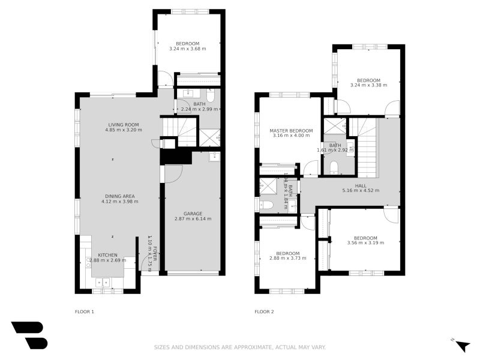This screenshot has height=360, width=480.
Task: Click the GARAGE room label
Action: (193, 214)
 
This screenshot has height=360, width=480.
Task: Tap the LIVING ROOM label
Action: (119, 124)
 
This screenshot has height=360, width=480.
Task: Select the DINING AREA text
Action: (119, 196)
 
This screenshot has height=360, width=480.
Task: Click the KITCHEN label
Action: (108, 255)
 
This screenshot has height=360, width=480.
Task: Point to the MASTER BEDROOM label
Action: (291, 131)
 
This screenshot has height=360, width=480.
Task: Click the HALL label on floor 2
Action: (361, 186)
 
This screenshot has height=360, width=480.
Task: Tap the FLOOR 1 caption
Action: (84, 311)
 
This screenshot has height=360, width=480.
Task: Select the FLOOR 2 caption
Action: (264, 311)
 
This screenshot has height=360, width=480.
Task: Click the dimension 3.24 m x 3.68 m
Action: (187, 49)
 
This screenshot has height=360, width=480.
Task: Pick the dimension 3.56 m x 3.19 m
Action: (365, 243)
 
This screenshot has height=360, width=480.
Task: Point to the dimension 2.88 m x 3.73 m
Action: (288, 259)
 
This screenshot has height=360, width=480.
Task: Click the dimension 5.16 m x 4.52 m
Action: (361, 191)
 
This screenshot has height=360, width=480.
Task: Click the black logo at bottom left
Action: (29, 335)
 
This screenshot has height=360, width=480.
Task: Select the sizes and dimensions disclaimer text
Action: (240, 347)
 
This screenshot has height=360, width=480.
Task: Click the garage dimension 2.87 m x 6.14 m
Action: (193, 219)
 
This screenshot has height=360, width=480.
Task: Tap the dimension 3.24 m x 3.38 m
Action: (368, 85)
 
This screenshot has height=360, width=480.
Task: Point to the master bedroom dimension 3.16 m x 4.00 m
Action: (291, 136)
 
